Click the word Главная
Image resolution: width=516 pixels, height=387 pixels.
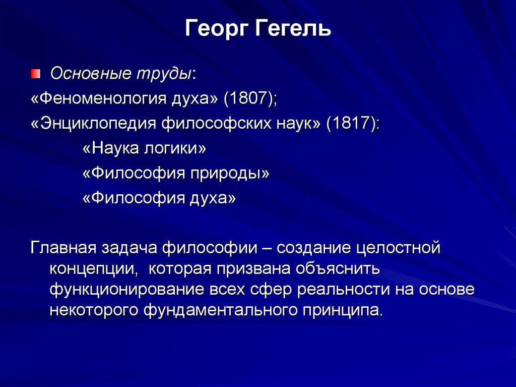(62, 248)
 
